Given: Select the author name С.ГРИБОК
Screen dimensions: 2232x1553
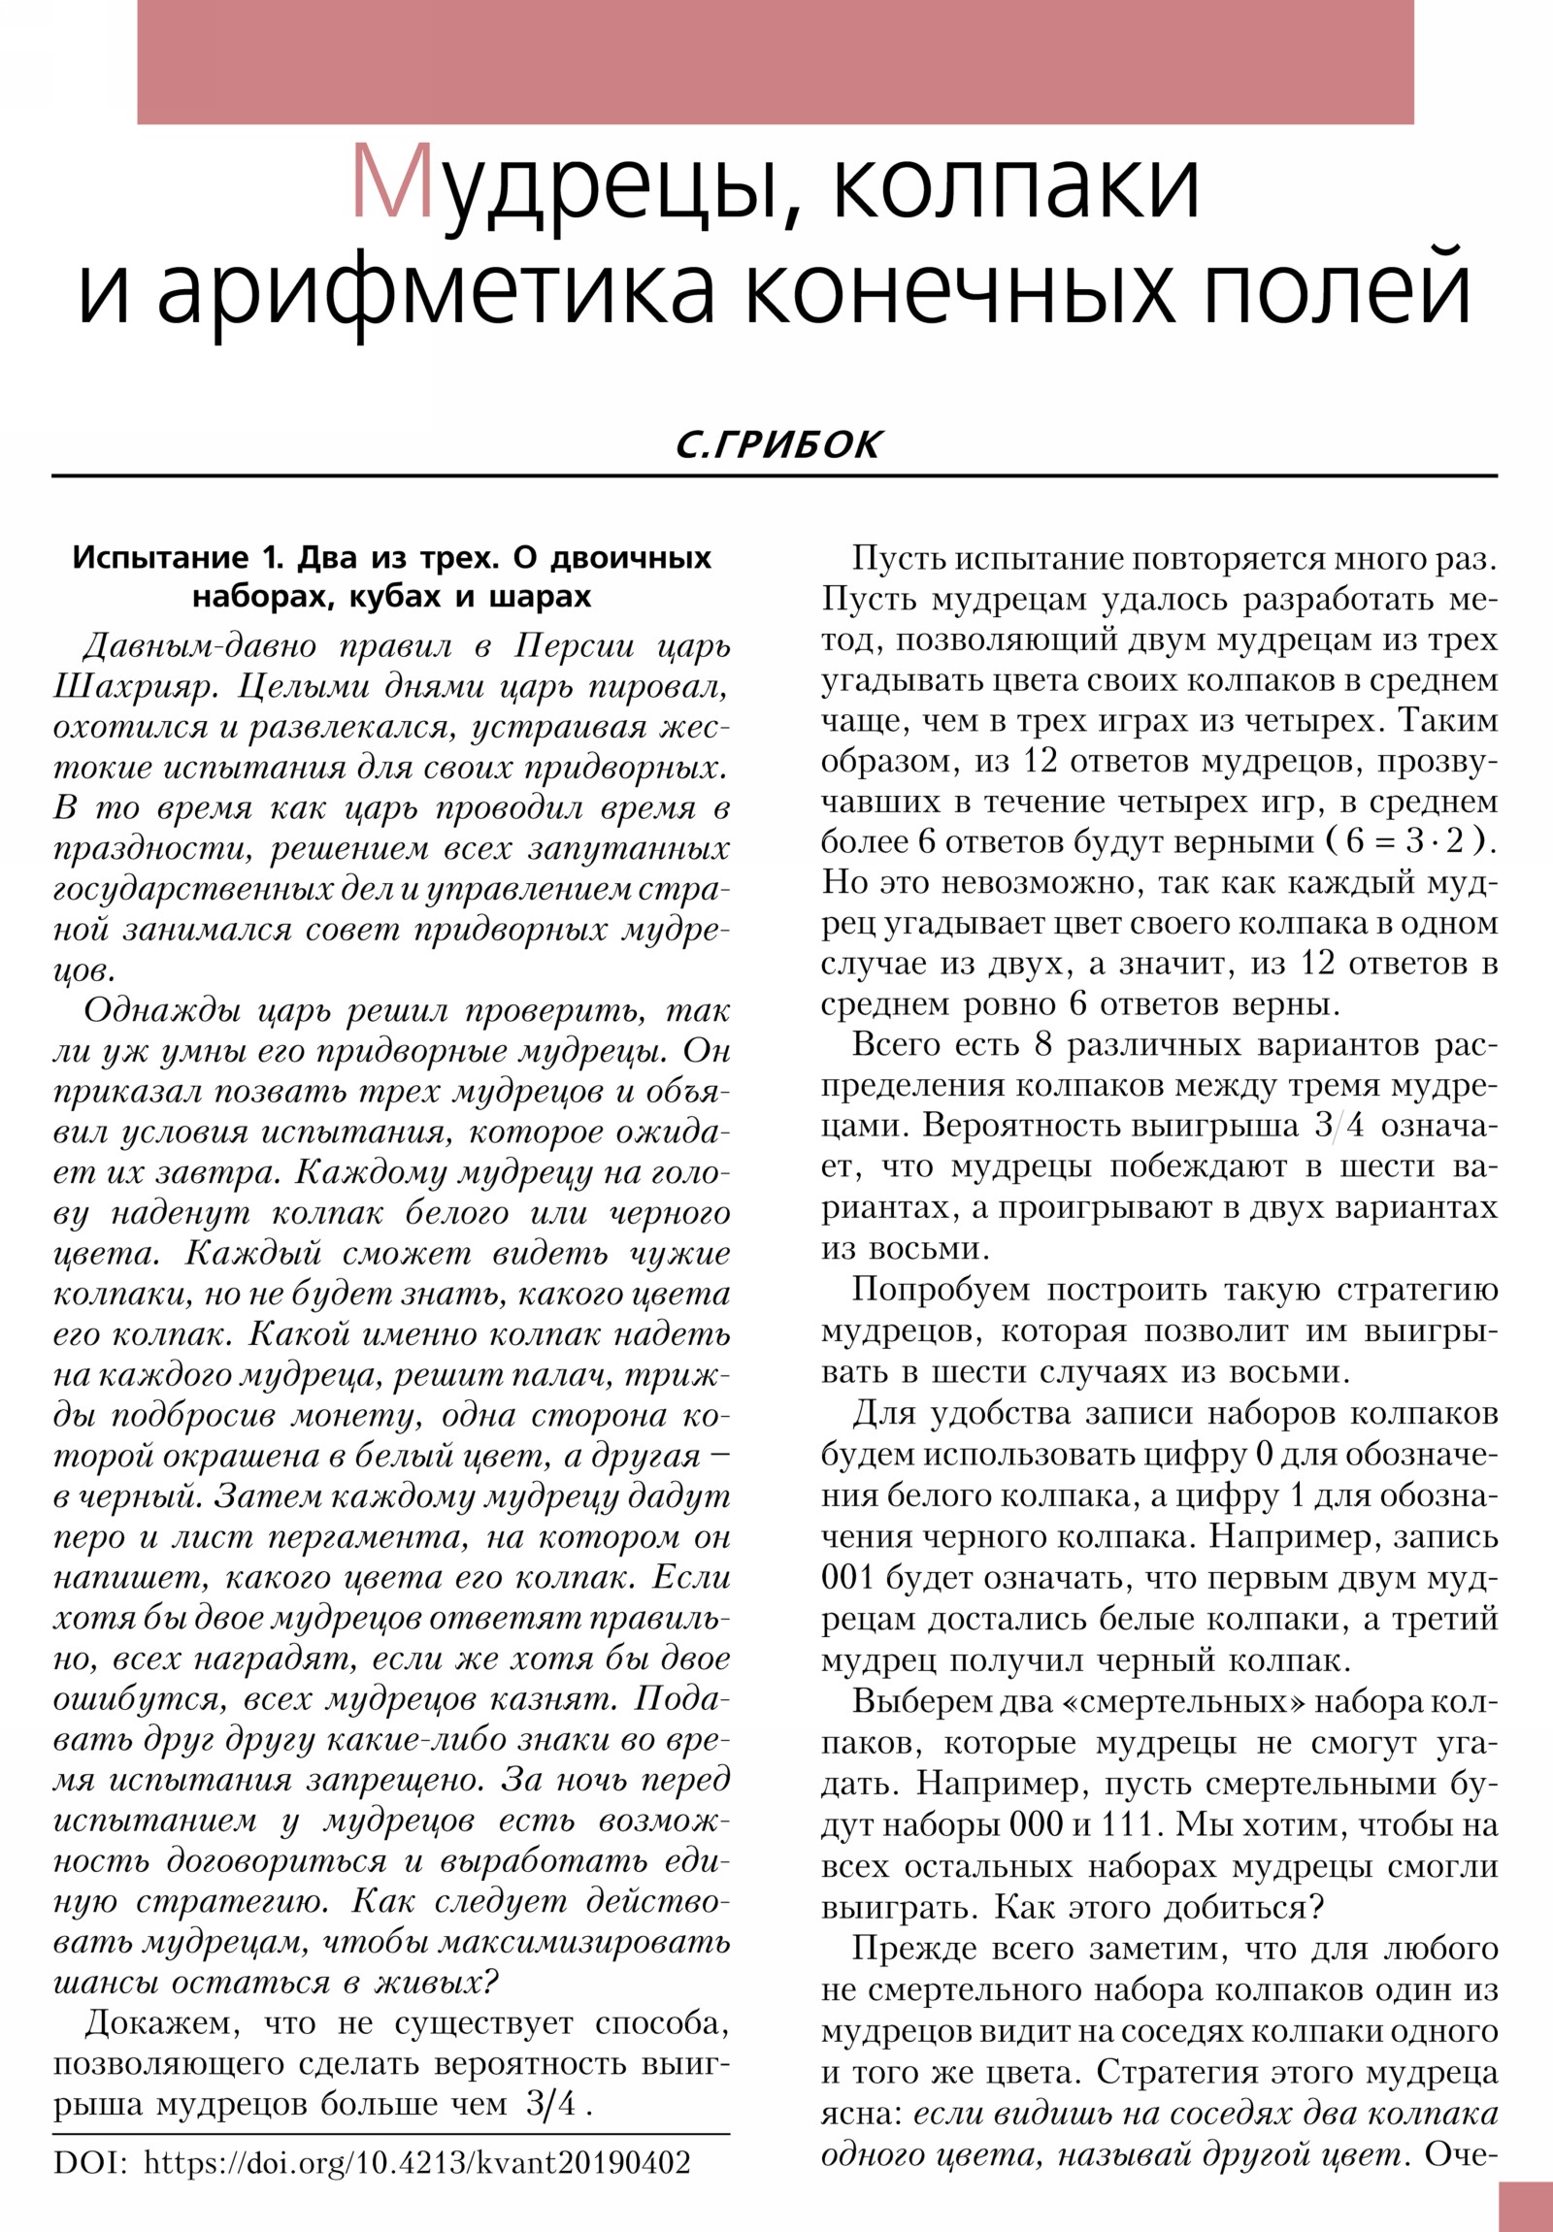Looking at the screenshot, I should point(778,445).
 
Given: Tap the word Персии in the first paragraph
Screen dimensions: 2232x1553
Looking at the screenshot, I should point(576,646).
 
